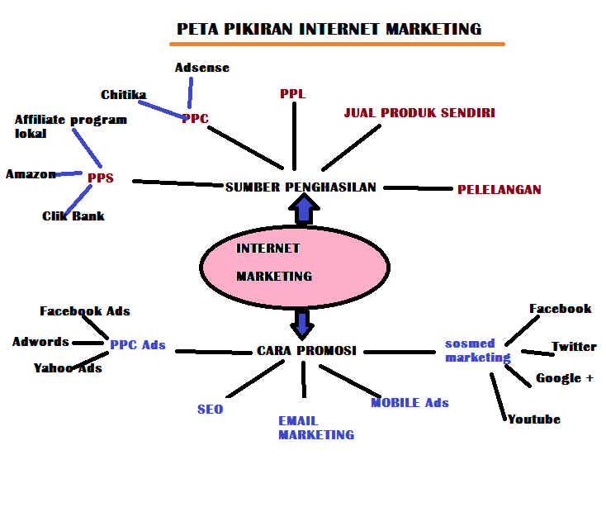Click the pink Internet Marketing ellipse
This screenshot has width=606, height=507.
(x=293, y=263)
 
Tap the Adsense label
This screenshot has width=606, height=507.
(x=201, y=68)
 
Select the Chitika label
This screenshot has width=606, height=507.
(x=123, y=95)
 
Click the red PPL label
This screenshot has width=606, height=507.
(x=292, y=93)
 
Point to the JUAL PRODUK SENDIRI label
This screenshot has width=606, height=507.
(x=419, y=113)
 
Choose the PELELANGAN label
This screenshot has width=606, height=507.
(x=499, y=190)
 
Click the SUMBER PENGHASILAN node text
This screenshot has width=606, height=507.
(x=301, y=187)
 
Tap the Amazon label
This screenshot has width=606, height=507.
(x=31, y=174)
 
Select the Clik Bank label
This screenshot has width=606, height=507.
(x=73, y=216)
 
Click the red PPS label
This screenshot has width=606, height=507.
(x=100, y=178)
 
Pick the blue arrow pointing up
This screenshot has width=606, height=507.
(x=303, y=211)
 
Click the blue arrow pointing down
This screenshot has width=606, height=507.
(x=302, y=322)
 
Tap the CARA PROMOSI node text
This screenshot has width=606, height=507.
(x=306, y=350)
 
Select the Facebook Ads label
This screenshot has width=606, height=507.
(x=85, y=311)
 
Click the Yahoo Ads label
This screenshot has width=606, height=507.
(x=68, y=368)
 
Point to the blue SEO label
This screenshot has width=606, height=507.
(x=210, y=409)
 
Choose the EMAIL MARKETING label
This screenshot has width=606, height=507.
(x=315, y=428)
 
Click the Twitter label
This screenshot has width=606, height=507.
(x=574, y=347)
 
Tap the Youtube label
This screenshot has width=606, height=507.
(x=533, y=419)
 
